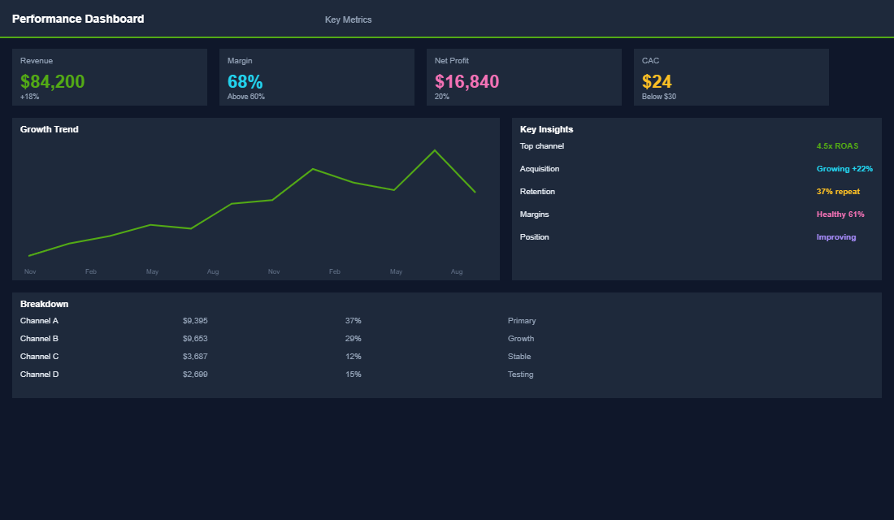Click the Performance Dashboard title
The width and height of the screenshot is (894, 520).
coord(78,19)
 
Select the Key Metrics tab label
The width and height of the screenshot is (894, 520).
coord(348,19)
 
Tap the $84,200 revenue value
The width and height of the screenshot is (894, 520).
coord(53,81)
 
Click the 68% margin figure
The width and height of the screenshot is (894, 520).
coord(245,81)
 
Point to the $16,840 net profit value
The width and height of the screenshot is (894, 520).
coord(467,81)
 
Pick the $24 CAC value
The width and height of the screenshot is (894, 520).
coord(657,81)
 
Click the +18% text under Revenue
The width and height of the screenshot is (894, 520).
coord(30,97)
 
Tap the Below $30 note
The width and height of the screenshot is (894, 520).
coord(658,97)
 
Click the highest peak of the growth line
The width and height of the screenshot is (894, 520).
coord(435,150)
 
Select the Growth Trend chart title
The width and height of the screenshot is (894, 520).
coord(50,129)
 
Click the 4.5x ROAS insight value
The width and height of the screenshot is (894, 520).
coord(837,146)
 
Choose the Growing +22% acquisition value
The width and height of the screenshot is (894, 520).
coord(844,169)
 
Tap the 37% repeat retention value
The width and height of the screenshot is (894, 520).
coord(838,192)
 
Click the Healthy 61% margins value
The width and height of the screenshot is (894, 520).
coord(840,214)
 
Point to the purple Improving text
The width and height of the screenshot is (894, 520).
coord(836,237)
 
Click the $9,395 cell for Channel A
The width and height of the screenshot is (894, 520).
coord(195,321)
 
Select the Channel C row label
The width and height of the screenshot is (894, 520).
coord(39,357)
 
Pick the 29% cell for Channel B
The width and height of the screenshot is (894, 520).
coord(353,339)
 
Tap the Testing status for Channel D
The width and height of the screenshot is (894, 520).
coord(520,375)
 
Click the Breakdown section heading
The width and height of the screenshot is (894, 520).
coord(44,304)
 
